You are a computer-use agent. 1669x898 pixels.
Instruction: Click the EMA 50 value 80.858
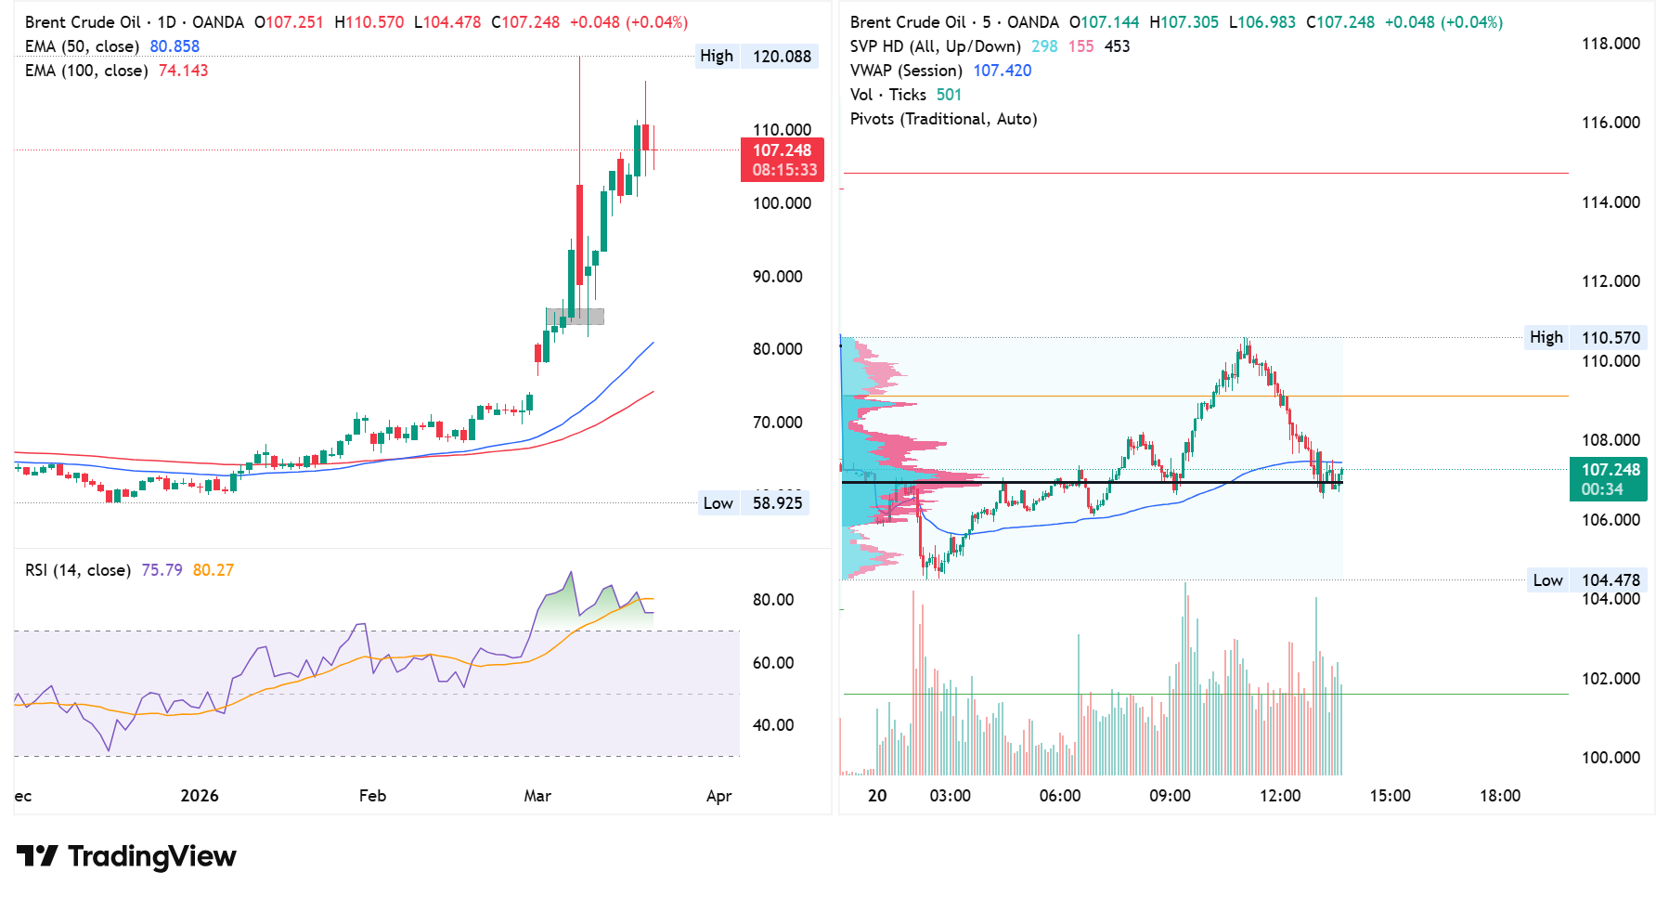point(175,46)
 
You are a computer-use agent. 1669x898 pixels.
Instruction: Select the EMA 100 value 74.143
point(183,71)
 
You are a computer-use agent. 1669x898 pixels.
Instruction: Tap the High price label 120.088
point(781,57)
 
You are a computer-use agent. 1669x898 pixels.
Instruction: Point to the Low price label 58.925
point(777,503)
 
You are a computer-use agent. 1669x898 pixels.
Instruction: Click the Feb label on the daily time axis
point(372,796)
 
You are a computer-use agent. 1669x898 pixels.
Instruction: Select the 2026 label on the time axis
point(200,796)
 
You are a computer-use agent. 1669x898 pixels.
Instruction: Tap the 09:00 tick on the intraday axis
point(1170,796)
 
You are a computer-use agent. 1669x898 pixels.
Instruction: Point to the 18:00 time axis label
point(1500,796)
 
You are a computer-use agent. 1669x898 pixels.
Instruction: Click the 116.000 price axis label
point(1611,123)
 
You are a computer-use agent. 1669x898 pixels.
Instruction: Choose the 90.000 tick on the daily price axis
point(777,277)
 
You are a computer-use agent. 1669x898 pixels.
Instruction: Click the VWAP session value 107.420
point(1002,71)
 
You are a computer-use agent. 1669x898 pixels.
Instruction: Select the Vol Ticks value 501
point(949,95)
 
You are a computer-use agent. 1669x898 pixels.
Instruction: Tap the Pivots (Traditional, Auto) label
point(943,119)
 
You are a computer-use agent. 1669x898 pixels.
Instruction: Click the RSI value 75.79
point(162,570)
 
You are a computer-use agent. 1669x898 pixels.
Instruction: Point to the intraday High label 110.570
point(1611,338)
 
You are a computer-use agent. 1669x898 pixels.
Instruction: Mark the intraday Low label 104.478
point(1611,580)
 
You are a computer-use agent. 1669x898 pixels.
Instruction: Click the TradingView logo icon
point(38,855)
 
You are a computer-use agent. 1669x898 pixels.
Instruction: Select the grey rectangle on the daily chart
point(576,317)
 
